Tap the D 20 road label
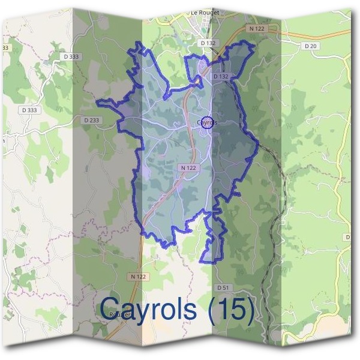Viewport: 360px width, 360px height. (310, 46)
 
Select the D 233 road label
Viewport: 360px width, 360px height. (92, 120)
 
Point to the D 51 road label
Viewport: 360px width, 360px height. (223, 288)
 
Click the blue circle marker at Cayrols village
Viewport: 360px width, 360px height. (206, 122)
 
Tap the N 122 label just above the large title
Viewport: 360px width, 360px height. (137, 277)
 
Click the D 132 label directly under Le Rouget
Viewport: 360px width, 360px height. (208, 43)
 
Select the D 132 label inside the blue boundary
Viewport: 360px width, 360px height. (221, 77)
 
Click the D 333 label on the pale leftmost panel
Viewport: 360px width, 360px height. (29, 110)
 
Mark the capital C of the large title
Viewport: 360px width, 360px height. (111, 309)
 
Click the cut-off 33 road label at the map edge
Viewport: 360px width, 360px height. (5, 47)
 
